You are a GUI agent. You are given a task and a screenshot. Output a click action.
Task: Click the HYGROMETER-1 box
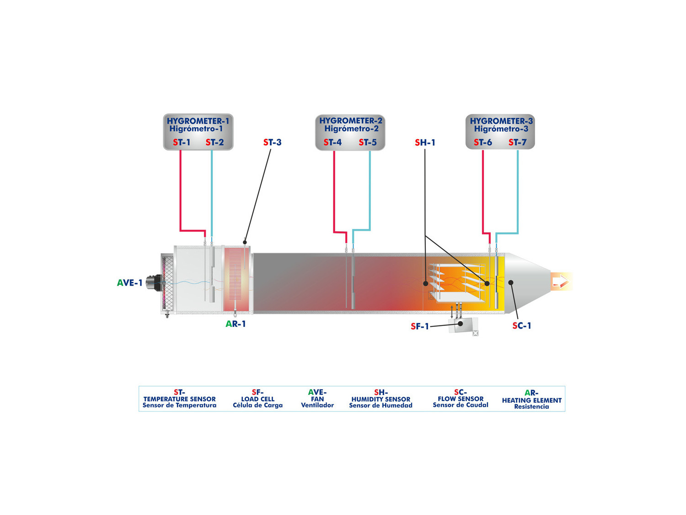click(x=198, y=132)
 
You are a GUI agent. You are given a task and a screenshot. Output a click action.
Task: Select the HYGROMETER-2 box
click(x=350, y=132)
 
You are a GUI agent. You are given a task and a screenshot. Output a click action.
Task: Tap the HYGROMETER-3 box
click(x=500, y=132)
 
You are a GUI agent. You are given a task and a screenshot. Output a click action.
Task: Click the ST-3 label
click(x=272, y=142)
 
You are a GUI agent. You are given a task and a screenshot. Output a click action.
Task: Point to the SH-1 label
click(x=425, y=142)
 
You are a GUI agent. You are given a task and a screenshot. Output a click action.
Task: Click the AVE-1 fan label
click(x=130, y=282)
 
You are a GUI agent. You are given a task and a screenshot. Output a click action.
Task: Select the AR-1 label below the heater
click(x=236, y=324)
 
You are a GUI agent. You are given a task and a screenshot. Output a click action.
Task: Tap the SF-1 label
click(x=420, y=326)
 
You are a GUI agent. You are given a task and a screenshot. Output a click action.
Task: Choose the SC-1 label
click(x=522, y=325)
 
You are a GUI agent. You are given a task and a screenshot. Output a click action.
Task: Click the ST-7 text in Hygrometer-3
click(x=517, y=142)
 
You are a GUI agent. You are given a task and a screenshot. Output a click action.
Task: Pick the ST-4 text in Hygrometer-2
click(x=332, y=142)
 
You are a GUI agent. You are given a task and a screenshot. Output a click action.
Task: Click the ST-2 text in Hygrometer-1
click(x=214, y=142)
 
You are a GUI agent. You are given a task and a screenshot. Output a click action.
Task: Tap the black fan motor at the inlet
click(x=154, y=283)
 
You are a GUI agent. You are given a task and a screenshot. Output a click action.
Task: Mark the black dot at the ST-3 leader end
click(x=245, y=242)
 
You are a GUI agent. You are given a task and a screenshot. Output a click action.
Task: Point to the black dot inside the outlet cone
click(x=511, y=282)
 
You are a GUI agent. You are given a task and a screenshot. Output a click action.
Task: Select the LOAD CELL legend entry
click(x=257, y=399)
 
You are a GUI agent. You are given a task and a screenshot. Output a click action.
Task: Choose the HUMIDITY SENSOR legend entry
click(x=381, y=399)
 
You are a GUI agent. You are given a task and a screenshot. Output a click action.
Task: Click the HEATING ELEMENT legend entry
click(x=531, y=400)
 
